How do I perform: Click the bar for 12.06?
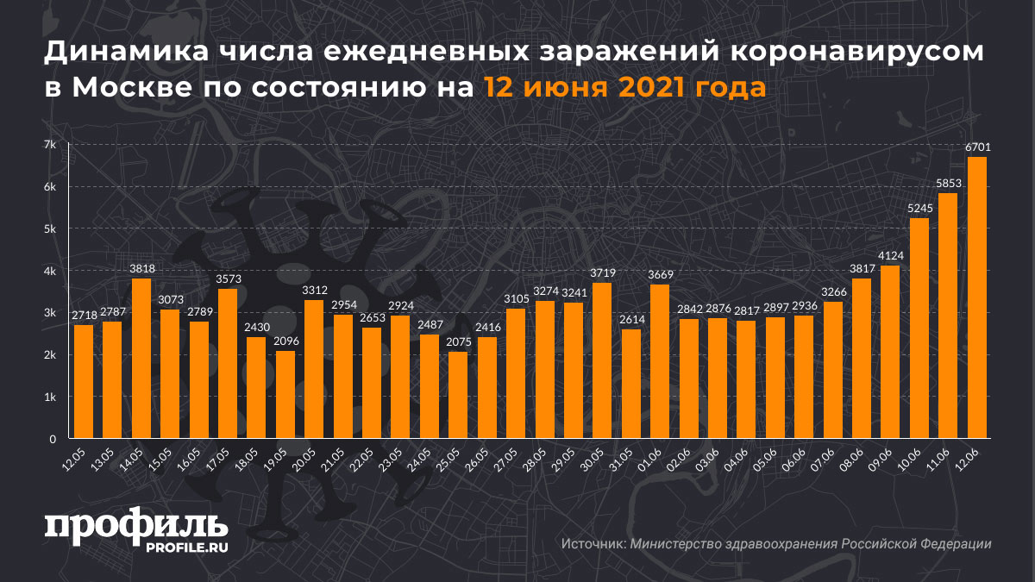[977, 297]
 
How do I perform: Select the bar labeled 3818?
[141, 359]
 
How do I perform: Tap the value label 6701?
[977, 147]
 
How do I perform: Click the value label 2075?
[459, 342]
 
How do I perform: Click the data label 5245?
[919, 209]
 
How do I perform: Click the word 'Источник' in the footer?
[593, 544]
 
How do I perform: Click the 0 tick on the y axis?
[53, 439]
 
